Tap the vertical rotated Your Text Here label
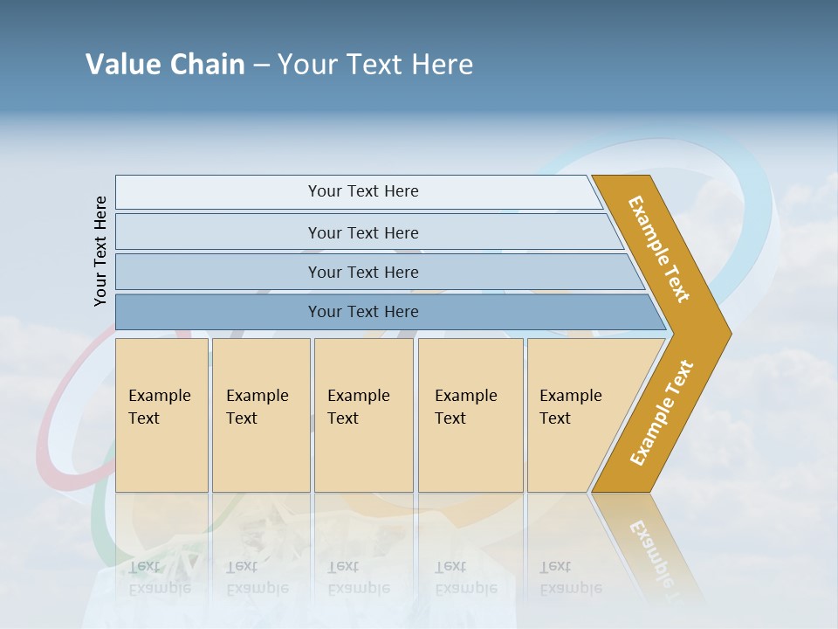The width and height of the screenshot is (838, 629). point(100,251)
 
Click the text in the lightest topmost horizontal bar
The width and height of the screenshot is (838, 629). point(363,191)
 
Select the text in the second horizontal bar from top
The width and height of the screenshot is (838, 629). point(363,233)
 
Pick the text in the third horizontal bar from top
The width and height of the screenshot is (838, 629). point(363,273)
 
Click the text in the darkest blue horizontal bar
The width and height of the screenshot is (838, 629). point(363,312)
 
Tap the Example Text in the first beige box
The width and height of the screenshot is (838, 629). point(159,407)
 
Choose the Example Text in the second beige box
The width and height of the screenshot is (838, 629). point(257,407)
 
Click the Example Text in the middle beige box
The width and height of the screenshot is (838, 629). point(358,407)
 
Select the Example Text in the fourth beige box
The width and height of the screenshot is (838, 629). point(465,407)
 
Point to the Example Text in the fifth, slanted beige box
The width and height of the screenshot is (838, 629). point(570,407)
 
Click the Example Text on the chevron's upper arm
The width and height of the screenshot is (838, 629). point(659,249)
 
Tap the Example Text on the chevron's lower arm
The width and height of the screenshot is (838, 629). point(662,413)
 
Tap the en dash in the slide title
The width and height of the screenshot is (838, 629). point(261,66)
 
